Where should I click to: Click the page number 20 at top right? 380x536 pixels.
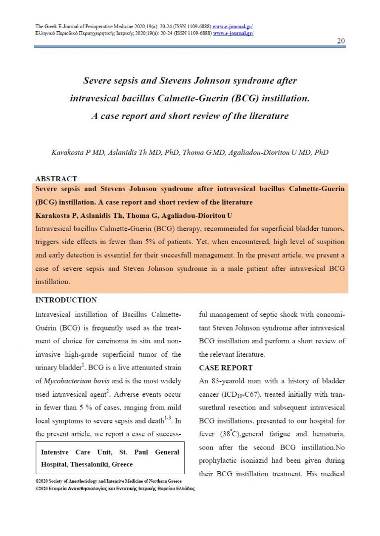pos(341,41)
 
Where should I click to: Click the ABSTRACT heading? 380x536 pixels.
pos(56,179)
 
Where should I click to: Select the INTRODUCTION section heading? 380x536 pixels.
pos(66,300)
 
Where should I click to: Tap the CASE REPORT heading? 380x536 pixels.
pos(226,368)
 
